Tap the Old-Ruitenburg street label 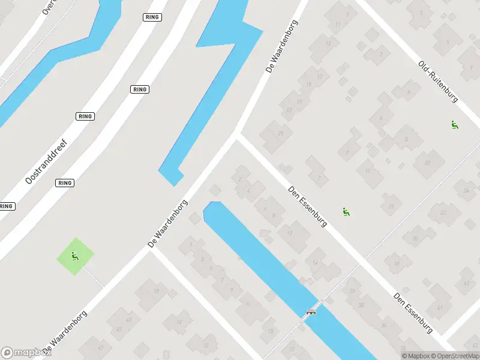click(x=438, y=82)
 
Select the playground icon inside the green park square click(x=75, y=257)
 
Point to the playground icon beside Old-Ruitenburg click(x=454, y=125)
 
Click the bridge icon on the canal click(x=311, y=312)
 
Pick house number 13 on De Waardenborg click(x=328, y=43)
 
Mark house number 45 click(x=119, y=329)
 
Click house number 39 click(x=157, y=291)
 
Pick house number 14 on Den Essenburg click(x=314, y=262)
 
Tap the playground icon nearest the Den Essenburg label click(x=346, y=212)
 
